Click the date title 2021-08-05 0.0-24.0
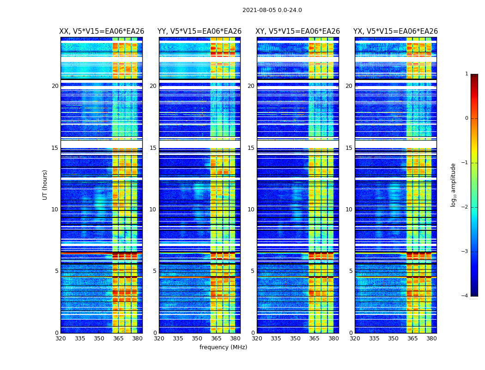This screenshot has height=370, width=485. (x=272, y=10)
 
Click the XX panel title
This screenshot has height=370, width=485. (x=102, y=31)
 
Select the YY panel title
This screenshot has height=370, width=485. (x=200, y=31)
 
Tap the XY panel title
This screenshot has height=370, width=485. (x=298, y=31)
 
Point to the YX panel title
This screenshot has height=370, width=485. (x=395, y=31)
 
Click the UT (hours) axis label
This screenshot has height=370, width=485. (x=45, y=185)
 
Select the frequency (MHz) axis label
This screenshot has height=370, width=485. (x=223, y=347)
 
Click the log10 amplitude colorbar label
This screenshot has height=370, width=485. (x=454, y=185)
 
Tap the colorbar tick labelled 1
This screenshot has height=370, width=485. (x=467, y=74)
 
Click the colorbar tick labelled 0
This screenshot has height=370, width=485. (x=467, y=118)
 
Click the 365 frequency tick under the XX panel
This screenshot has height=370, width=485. (x=118, y=339)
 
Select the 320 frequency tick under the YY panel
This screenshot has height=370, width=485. (x=159, y=339)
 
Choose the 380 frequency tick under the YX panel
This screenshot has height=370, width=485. (x=431, y=339)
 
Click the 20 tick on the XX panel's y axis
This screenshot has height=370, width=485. (x=55, y=86)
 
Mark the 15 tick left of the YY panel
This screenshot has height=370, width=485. (x=153, y=148)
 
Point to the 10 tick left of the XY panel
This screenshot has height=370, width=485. (x=251, y=210)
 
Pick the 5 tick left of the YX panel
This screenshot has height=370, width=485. (x=351, y=271)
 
